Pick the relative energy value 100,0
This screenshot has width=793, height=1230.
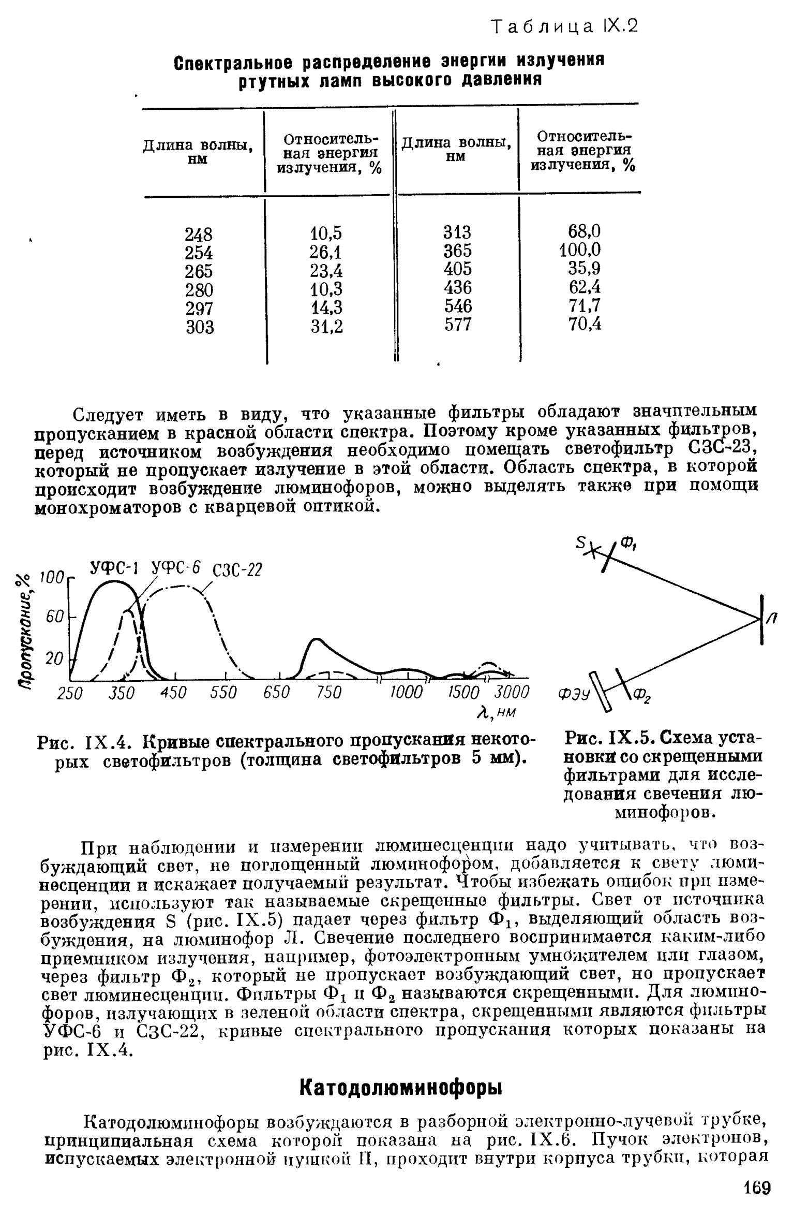coord(580,251)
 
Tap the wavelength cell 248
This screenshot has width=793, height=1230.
coord(199,235)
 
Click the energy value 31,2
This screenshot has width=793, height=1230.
coord(326,327)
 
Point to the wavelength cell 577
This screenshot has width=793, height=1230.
coord(458,325)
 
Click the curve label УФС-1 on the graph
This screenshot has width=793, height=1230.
coord(113,568)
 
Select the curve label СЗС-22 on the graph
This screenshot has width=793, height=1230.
coord(238,570)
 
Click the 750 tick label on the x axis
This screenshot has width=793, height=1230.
coord(329,692)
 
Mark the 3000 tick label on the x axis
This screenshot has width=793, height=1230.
coord(512,692)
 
